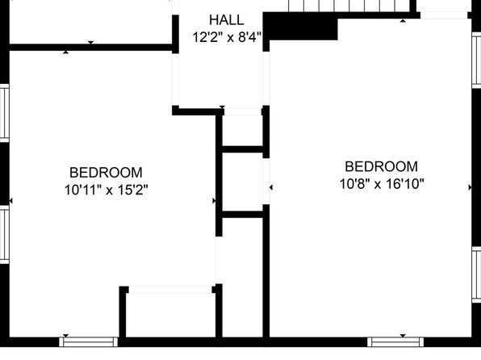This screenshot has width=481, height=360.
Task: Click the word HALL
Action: click(x=227, y=20)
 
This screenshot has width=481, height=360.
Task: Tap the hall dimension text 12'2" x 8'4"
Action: click(x=227, y=37)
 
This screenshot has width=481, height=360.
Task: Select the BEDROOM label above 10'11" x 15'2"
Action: click(x=106, y=173)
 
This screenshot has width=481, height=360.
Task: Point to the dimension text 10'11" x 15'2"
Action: click(x=107, y=190)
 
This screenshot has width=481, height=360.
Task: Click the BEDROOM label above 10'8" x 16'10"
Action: click(x=381, y=166)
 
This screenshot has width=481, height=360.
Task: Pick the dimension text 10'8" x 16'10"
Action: click(x=382, y=184)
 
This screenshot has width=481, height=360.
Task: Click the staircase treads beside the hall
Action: click(x=349, y=6)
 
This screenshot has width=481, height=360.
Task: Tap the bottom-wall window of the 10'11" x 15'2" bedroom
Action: click(x=88, y=342)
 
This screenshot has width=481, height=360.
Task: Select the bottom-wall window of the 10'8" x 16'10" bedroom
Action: click(x=395, y=342)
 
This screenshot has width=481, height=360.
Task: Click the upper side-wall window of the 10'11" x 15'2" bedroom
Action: click(x=5, y=113)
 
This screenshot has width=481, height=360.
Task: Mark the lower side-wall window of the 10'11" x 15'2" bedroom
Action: click(x=5, y=234)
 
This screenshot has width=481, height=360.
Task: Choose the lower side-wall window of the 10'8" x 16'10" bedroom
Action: click(x=476, y=274)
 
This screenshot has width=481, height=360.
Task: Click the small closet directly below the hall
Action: click(x=242, y=131)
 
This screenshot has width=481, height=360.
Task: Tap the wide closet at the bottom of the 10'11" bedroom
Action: click(x=170, y=315)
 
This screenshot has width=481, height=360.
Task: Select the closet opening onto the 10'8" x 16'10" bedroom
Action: click(x=242, y=182)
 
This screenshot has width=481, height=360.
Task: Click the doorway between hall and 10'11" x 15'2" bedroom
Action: click(x=175, y=79)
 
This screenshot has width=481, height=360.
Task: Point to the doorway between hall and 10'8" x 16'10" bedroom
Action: click(x=266, y=78)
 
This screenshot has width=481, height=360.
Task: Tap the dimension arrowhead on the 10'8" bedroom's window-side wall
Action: click(x=470, y=187)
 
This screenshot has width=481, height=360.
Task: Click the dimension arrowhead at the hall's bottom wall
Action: click(x=222, y=107)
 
